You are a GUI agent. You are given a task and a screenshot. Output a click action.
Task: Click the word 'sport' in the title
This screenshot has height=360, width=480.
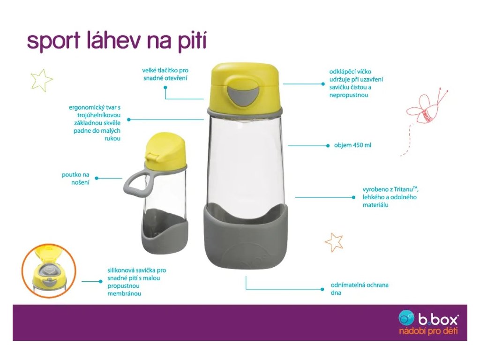pyautogui.click(x=54, y=41)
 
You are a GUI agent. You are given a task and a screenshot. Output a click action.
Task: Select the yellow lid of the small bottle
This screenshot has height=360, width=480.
pyautogui.click(x=165, y=150)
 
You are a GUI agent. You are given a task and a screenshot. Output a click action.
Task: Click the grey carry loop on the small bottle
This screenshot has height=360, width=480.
pyautogui.click(x=137, y=184)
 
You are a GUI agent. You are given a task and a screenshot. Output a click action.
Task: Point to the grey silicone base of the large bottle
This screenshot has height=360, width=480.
pyautogui.click(x=246, y=237)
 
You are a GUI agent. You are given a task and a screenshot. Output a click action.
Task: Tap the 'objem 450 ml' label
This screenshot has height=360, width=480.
pyautogui.click(x=352, y=145)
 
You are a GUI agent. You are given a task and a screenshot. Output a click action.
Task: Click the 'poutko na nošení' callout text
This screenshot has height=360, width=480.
pyautogui.click(x=75, y=179)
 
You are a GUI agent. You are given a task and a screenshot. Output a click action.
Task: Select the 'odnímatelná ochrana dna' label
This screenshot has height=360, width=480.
pyautogui.click(x=360, y=289)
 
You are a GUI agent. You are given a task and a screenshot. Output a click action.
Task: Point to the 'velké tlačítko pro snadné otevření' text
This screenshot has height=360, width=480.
pyautogui.click(x=165, y=74)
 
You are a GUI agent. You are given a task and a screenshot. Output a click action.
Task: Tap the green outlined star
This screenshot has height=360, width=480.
pyautogui.click(x=42, y=80)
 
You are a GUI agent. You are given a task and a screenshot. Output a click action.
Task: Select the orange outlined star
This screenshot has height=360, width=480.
pyautogui.click(x=334, y=242)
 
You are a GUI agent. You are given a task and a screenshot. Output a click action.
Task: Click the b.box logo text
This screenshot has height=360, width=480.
pyautogui.click(x=438, y=320)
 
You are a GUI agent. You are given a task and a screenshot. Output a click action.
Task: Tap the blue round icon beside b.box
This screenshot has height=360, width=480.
pyautogui.click(x=406, y=318)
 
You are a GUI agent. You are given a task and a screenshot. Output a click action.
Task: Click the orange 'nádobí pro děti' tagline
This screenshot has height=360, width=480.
pyautogui.click(x=428, y=331)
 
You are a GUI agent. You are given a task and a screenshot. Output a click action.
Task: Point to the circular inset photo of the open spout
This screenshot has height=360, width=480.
pyautogui.click(x=49, y=270)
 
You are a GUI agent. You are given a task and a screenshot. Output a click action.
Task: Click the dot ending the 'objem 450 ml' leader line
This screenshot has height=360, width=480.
pyautogui.click(x=328, y=146)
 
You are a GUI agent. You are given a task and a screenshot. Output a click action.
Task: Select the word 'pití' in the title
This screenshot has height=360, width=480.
pyautogui.click(x=192, y=41)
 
